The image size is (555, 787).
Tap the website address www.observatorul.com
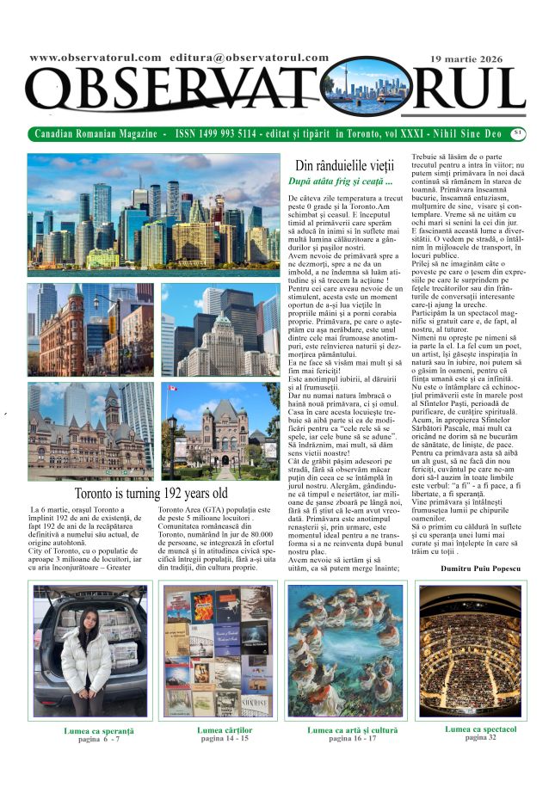tap(95, 58)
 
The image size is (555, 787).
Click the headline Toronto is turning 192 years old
tap(151, 494)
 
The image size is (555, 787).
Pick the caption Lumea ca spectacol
tap(481, 729)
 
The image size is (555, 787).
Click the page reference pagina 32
tap(481, 737)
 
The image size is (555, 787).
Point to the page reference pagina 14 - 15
tap(225, 738)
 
